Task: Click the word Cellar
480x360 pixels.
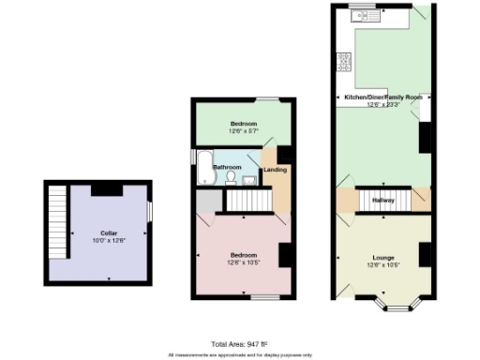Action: click(98, 232)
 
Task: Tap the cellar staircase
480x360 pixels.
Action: click(57, 220)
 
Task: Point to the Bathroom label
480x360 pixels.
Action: click(227, 167)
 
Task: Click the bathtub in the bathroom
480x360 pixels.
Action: click(203, 168)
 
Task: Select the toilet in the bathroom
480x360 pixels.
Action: click(231, 176)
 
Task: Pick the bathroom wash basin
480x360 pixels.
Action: click(248, 179)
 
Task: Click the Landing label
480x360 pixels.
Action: click(275, 170)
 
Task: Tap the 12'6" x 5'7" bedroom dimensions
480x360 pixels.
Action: click(243, 130)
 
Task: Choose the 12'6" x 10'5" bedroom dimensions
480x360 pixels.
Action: click(243, 262)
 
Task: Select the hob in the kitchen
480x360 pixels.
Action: click(344, 62)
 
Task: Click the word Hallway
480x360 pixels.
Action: click(382, 200)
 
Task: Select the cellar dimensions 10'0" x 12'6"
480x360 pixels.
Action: click(98, 240)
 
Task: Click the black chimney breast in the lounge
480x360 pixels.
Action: click(424, 254)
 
